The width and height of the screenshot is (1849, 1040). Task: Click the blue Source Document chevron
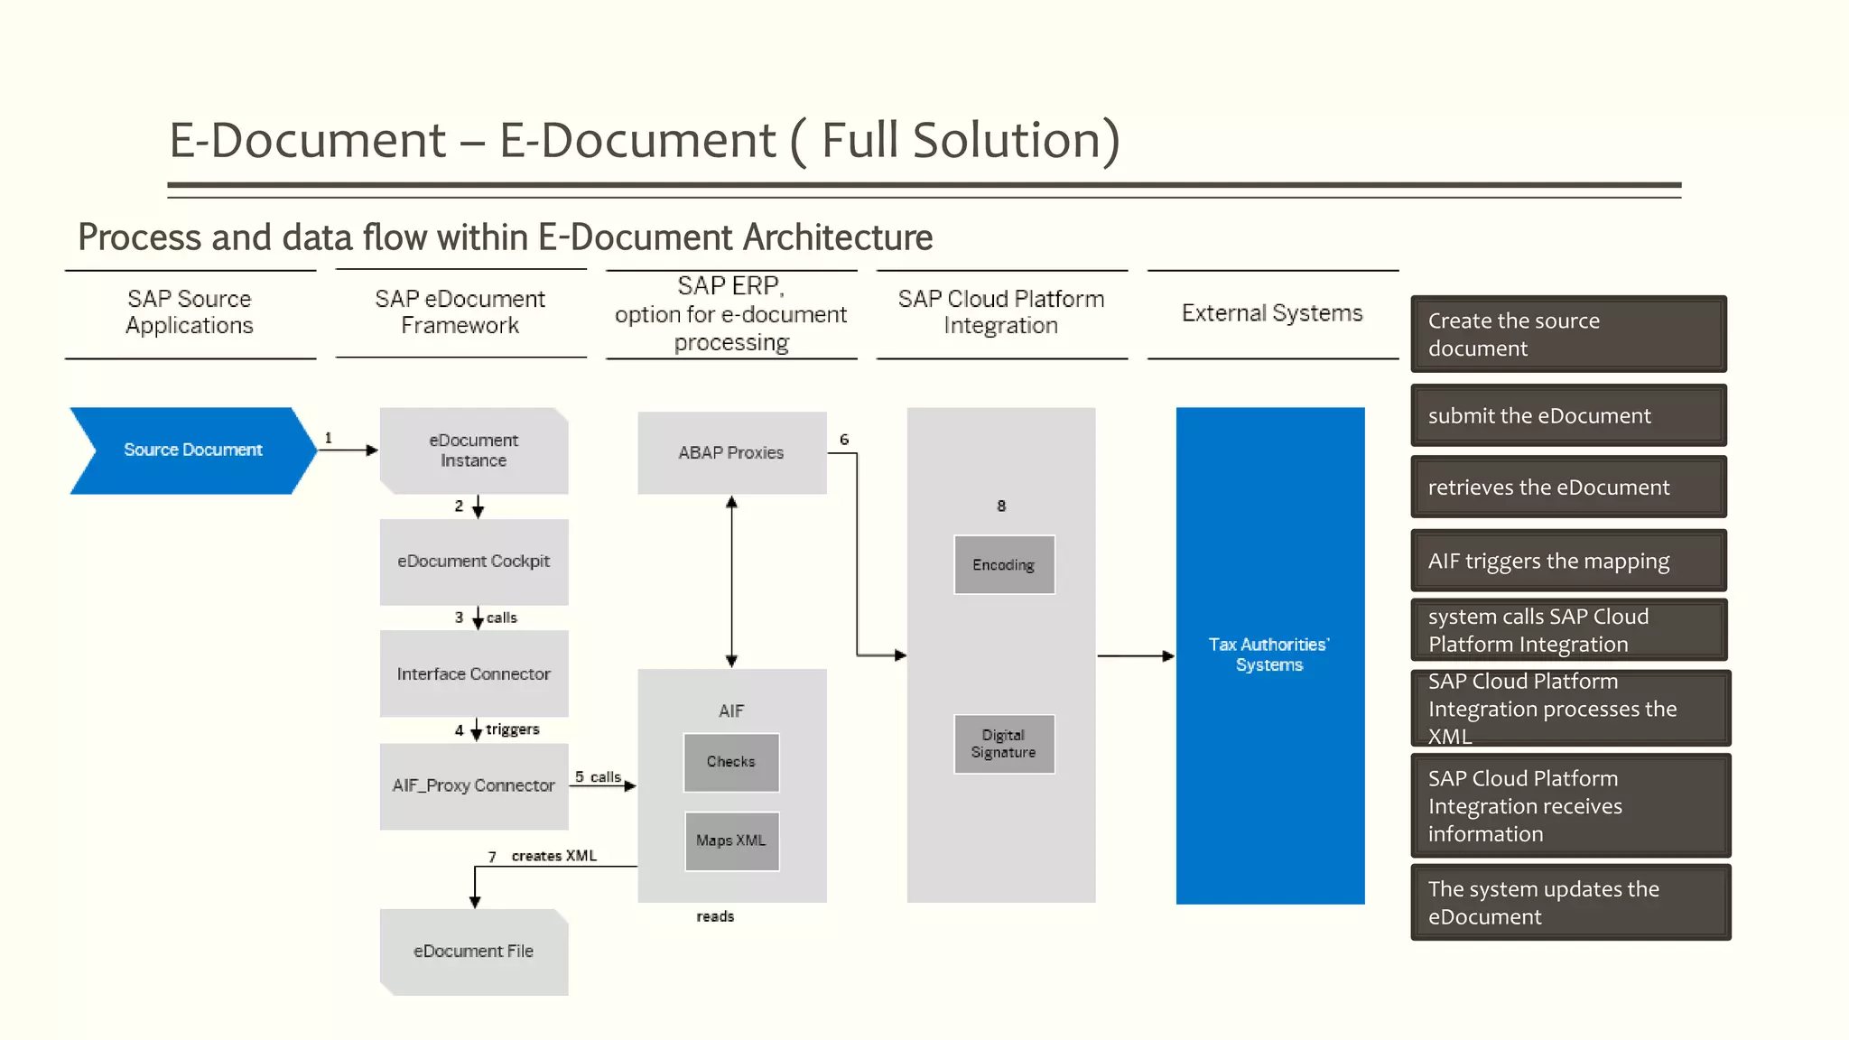(192, 450)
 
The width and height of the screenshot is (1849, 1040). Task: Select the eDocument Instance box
(473, 450)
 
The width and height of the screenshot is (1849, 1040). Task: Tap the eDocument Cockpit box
(473, 562)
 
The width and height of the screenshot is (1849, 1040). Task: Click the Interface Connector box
(473, 674)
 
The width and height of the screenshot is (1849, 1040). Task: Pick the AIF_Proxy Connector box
(473, 785)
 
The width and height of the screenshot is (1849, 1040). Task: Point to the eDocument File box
(473, 952)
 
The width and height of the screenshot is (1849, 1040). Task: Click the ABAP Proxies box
(731, 453)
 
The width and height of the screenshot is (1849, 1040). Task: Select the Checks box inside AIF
(731, 762)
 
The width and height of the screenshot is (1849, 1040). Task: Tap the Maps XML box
(731, 840)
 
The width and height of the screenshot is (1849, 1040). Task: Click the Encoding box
(1003, 565)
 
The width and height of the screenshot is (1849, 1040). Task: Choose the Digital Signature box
(1003, 744)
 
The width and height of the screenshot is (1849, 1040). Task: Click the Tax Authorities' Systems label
(1268, 655)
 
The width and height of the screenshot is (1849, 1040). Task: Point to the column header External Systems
(1271, 313)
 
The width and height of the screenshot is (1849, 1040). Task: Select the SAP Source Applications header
(190, 312)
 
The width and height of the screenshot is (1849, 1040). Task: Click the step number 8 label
(1000, 506)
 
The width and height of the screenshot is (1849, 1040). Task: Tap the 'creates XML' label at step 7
(553, 856)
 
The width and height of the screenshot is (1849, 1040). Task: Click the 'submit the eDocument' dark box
(1568, 416)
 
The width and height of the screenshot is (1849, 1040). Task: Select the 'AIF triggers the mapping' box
(1568, 562)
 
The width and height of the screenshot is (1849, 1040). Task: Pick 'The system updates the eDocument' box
(1570, 903)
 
